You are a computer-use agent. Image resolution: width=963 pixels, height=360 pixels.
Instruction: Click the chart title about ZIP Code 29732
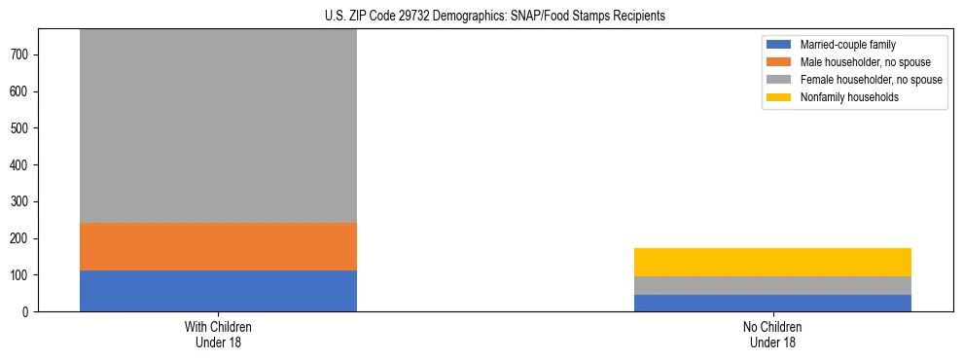pyautogui.click(x=495, y=17)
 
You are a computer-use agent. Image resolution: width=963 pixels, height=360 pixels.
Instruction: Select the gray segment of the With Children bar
pyautogui.click(x=218, y=126)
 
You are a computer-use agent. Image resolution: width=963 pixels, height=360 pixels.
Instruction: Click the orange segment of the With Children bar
pyautogui.click(x=218, y=246)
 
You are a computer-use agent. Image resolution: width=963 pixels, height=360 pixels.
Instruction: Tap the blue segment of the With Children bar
pyautogui.click(x=218, y=291)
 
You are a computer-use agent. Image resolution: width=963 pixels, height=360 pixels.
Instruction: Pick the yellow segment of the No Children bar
pyautogui.click(x=772, y=262)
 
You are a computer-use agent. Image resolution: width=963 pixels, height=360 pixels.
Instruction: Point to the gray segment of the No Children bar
pyautogui.click(x=772, y=285)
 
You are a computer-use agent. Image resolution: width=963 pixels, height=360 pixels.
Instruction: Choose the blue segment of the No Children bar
pyautogui.click(x=772, y=303)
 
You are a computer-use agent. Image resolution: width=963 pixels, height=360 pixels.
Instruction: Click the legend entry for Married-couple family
pyautogui.click(x=847, y=45)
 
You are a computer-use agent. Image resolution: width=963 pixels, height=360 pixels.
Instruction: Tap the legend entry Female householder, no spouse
pyautogui.click(x=870, y=80)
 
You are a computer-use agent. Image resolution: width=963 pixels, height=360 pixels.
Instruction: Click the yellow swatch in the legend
pyautogui.click(x=780, y=97)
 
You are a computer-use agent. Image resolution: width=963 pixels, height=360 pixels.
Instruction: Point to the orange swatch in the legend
pyautogui.click(x=780, y=62)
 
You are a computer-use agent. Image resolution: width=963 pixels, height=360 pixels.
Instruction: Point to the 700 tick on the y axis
pyautogui.click(x=23, y=55)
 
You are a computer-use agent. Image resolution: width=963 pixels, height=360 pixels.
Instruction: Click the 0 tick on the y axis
pyautogui.click(x=29, y=311)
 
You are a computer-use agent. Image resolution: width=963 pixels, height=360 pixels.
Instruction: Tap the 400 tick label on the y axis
pyautogui.click(x=23, y=165)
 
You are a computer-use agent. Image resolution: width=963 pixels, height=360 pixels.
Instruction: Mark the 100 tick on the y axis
pyautogui.click(x=23, y=275)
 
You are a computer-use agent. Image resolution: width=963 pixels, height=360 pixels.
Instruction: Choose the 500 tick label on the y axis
pyautogui.click(x=23, y=128)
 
